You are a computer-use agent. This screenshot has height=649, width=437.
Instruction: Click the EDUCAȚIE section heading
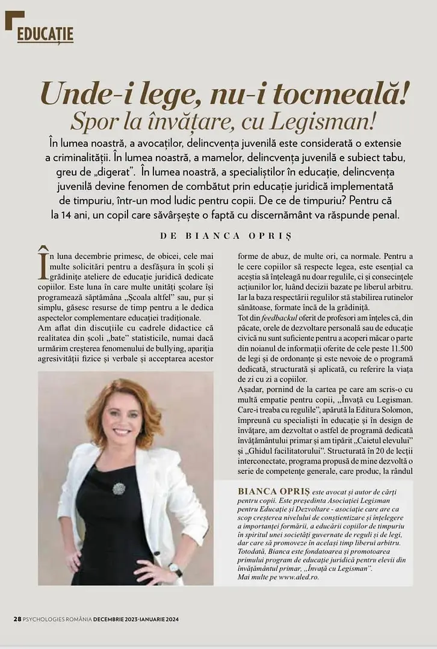45,34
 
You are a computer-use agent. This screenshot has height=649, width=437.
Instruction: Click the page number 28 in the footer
17,620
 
